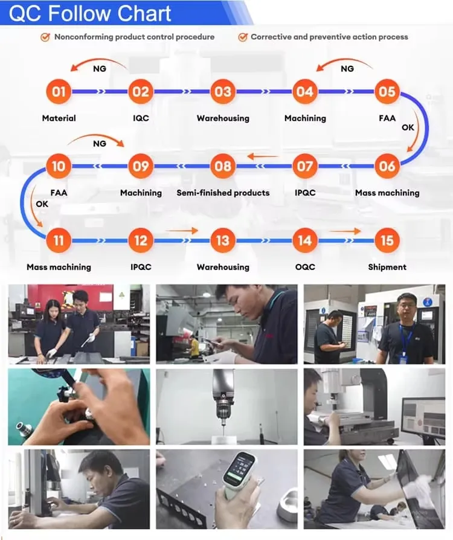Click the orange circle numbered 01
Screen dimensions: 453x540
pyautogui.click(x=59, y=92)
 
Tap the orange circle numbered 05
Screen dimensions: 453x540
pyautogui.click(x=387, y=92)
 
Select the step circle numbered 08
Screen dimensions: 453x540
pyautogui.click(x=223, y=166)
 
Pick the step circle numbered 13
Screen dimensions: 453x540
pyautogui.click(x=223, y=240)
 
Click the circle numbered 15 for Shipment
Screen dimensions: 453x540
pyautogui.click(x=387, y=240)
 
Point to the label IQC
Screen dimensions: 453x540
pyautogui.click(x=141, y=118)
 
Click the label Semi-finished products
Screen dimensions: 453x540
pyautogui.click(x=223, y=193)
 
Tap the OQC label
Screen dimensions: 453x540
pyautogui.click(x=305, y=267)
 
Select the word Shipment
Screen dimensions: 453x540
pyautogui.click(x=387, y=267)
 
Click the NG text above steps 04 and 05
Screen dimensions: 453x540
pyautogui.click(x=347, y=69)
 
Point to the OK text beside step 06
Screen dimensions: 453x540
pyautogui.click(x=408, y=127)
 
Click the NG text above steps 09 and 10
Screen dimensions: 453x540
pyautogui.click(x=100, y=144)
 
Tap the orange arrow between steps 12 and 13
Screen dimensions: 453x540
pyautogui.click(x=182, y=230)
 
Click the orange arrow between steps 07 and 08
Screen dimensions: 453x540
pyautogui.click(x=263, y=156)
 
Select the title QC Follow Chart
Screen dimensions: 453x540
pyautogui.click(x=90, y=13)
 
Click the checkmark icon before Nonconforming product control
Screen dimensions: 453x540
pyautogui.click(x=45, y=37)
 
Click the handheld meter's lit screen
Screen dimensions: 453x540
pyautogui.click(x=239, y=467)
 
